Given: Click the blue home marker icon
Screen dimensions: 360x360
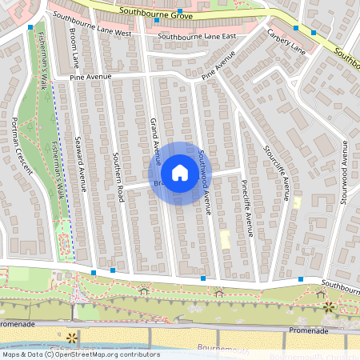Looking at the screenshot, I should (202, 173).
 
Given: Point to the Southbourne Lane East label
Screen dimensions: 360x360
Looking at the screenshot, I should (197, 37).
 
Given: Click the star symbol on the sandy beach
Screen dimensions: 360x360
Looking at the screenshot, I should (73, 337).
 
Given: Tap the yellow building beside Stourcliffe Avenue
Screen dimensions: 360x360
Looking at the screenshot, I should (297, 202).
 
